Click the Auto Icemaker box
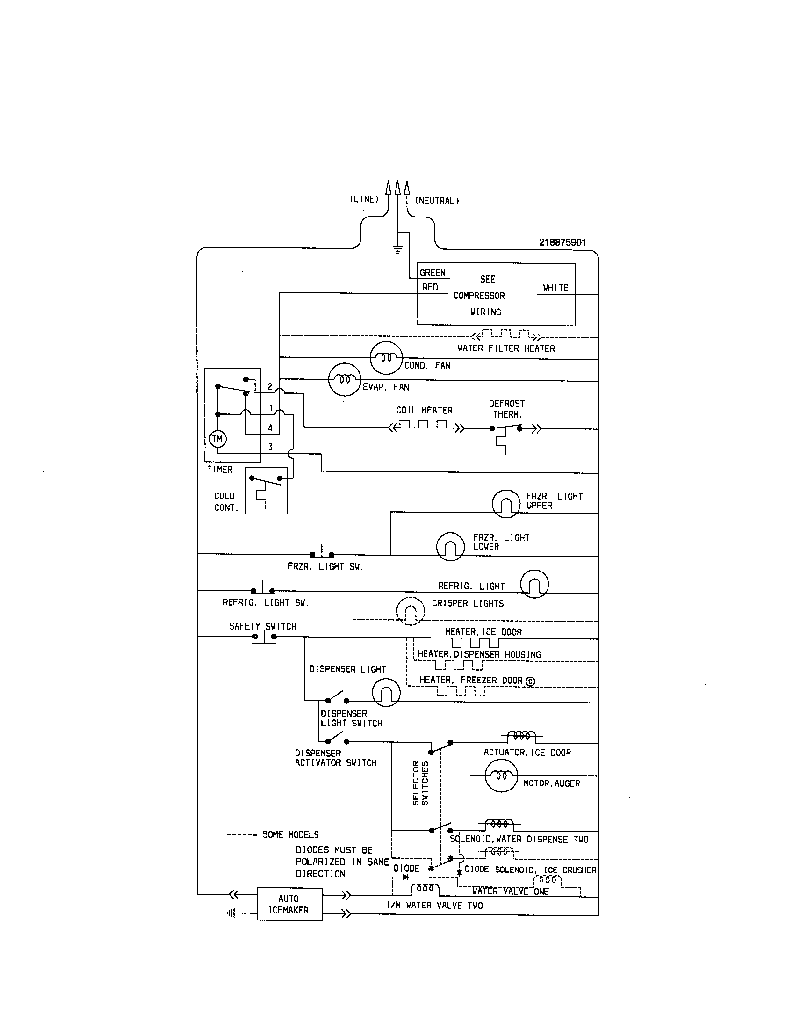coord(289,904)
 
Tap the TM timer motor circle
coord(217,439)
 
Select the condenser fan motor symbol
coord(386,358)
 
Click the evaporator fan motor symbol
coord(345,379)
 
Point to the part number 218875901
coord(562,242)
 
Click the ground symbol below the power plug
coord(398,250)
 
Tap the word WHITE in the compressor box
coord(555,288)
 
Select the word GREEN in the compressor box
coord(433,273)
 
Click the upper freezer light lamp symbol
coord(506,504)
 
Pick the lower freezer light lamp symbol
coord(450,546)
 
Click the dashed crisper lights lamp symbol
coord(410,611)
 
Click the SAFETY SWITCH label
coord(263,626)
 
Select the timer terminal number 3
coord(270,447)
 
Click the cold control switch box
coord(266,491)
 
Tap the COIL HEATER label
coord(424,410)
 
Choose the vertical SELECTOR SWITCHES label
coord(420,783)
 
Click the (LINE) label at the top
coord(364,199)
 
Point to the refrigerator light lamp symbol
coord(534,584)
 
